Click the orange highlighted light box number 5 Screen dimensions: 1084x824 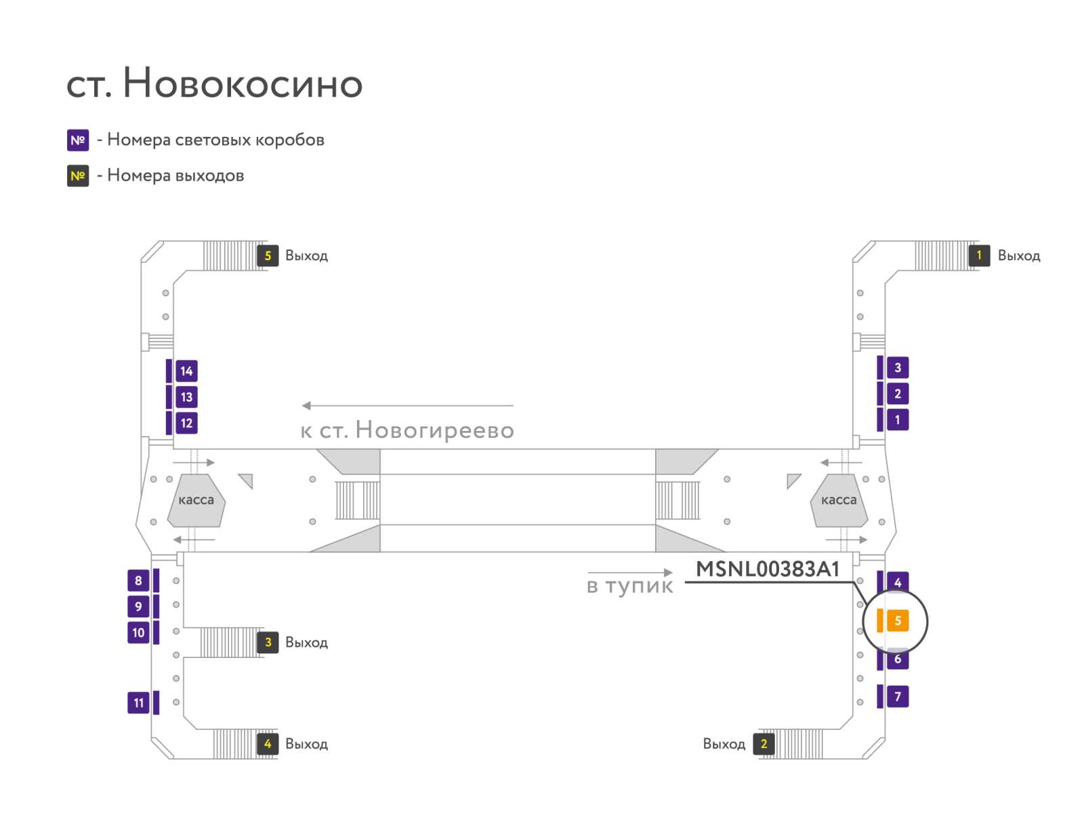897,620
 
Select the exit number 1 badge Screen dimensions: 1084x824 978,255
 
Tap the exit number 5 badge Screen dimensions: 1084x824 267,255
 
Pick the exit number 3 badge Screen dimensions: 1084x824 267,642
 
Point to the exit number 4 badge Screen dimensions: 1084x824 267,743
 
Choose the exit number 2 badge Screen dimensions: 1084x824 763,743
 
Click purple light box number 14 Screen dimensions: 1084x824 186,371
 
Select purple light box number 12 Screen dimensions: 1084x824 186,423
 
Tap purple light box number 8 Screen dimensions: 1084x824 138,580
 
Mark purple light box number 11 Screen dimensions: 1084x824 138,703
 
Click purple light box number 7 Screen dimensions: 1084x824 897,696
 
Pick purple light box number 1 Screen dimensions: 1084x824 897,419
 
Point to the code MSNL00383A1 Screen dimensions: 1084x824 767,569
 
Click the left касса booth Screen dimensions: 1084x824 196,500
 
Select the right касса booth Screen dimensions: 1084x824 839,500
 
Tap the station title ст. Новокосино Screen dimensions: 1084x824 214,83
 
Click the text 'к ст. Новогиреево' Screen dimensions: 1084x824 407,430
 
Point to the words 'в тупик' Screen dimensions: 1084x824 629,586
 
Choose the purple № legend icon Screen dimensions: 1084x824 78,140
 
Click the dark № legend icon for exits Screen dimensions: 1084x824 78,176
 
